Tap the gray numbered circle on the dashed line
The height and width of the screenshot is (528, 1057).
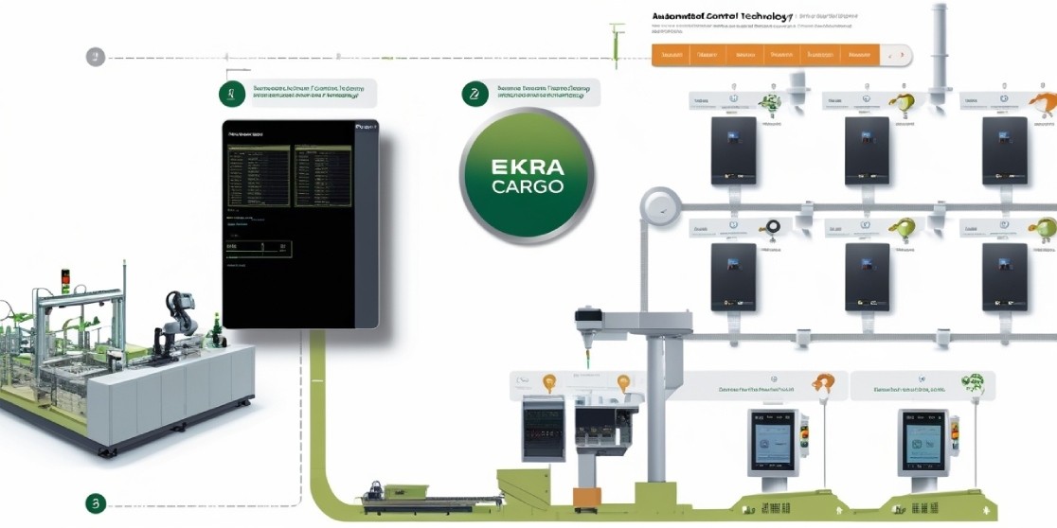tap(95, 57)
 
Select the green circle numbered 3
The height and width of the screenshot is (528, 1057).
tap(95, 502)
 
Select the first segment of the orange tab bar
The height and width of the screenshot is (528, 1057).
tap(672, 56)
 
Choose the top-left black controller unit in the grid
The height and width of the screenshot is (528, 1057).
tap(733, 150)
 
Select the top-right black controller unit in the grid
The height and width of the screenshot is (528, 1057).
tap(1005, 150)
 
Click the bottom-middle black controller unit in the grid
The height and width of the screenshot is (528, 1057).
tap(867, 277)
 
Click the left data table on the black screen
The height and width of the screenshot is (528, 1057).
tap(259, 175)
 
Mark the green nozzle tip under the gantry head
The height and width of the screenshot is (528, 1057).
tap(587, 361)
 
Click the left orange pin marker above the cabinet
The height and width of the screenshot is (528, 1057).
tap(548, 383)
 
